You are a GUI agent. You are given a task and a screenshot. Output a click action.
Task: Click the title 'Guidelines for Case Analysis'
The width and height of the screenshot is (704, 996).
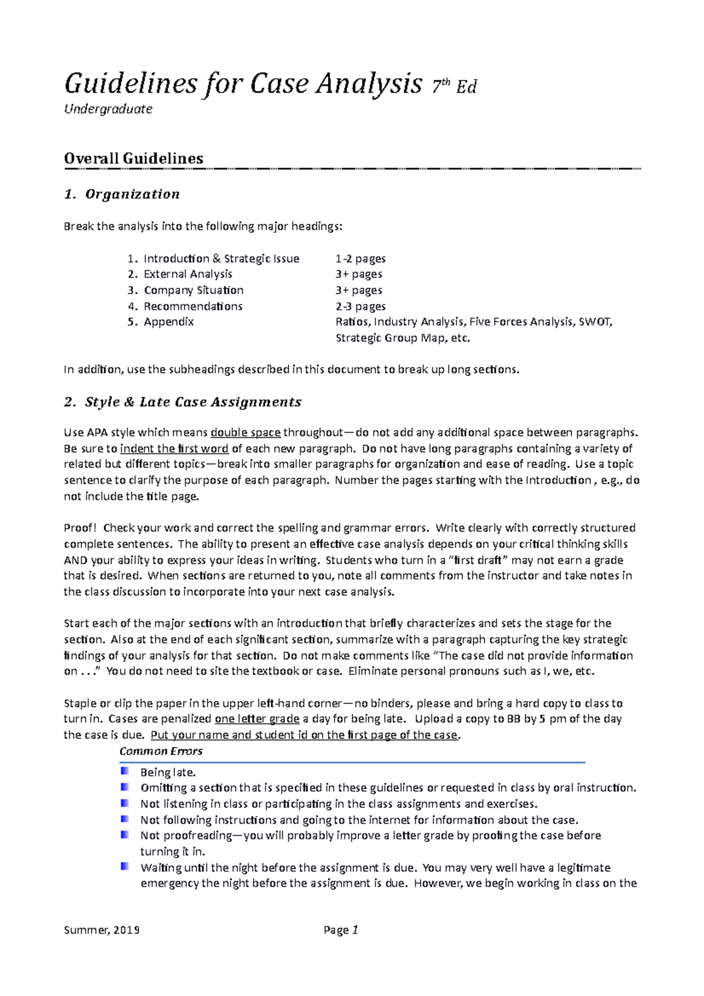coord(243,84)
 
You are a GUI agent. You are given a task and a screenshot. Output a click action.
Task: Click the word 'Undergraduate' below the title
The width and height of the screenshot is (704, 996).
coord(108,109)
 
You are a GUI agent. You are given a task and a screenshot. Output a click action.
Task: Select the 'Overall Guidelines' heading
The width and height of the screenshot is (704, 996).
coord(134,158)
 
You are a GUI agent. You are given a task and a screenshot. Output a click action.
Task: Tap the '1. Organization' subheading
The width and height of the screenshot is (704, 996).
coord(121,194)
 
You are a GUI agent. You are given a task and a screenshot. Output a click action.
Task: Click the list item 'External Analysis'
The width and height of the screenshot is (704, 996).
coord(188,274)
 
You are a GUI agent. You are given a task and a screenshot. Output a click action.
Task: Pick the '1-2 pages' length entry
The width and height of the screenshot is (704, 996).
coord(360,258)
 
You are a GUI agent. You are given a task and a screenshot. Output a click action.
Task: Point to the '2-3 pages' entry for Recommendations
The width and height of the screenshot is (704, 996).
coord(360,306)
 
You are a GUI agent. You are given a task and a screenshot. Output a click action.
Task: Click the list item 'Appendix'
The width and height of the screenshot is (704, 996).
coord(168,322)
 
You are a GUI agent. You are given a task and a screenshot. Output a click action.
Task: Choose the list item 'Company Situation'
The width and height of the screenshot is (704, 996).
coord(194,290)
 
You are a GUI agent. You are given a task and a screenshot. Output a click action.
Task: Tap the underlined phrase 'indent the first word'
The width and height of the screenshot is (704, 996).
coord(174,449)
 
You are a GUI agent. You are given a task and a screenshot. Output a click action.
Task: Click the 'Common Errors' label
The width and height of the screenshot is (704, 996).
coord(161,751)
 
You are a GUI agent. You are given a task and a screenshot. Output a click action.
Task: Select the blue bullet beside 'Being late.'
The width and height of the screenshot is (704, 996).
coord(124,771)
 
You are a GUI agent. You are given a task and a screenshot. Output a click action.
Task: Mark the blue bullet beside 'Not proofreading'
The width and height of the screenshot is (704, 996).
coord(124,834)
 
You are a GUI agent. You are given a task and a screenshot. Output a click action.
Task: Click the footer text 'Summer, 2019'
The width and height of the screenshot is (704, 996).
coord(101,930)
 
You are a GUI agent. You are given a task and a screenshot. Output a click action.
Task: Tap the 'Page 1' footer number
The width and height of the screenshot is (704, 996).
coord(341,930)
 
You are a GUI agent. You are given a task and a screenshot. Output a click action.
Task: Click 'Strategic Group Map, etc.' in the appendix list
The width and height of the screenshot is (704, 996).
coord(402,338)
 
